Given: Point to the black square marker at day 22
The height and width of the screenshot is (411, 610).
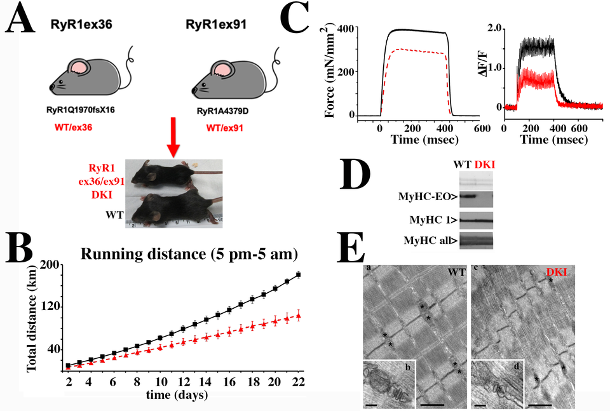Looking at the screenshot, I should pyautogui.click(x=298, y=274).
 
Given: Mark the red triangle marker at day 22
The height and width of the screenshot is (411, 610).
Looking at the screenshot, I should pyautogui.click(x=298, y=316).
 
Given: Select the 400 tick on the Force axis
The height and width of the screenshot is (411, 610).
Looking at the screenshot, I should pyautogui.click(x=348, y=28).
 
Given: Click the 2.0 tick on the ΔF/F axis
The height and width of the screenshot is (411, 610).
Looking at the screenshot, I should pyautogui.click(x=495, y=28).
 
